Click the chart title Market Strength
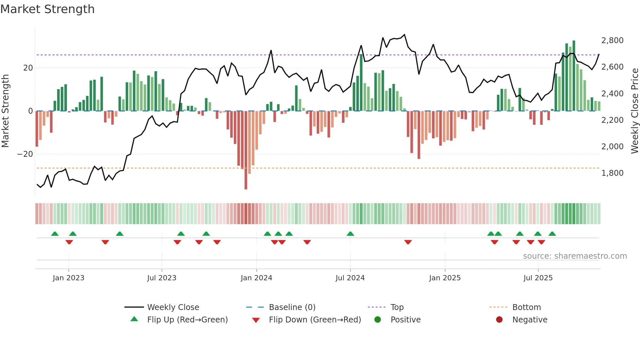point(47,9)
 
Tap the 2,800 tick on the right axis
point(612,41)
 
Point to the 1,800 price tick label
point(612,173)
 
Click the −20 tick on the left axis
point(25,154)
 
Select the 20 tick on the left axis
point(28,68)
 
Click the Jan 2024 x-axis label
point(256,278)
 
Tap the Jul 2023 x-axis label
point(162,278)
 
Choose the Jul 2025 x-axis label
point(538,278)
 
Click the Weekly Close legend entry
point(173,307)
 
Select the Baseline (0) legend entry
point(292,307)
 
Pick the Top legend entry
point(397,307)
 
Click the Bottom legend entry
point(526,307)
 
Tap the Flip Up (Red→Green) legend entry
point(187,320)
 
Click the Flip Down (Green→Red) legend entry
point(315,320)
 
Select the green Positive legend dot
point(378,320)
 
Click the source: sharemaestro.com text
point(575,256)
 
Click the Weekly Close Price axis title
point(634,111)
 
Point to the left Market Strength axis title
point(5,111)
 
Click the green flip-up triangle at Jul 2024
point(350,234)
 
